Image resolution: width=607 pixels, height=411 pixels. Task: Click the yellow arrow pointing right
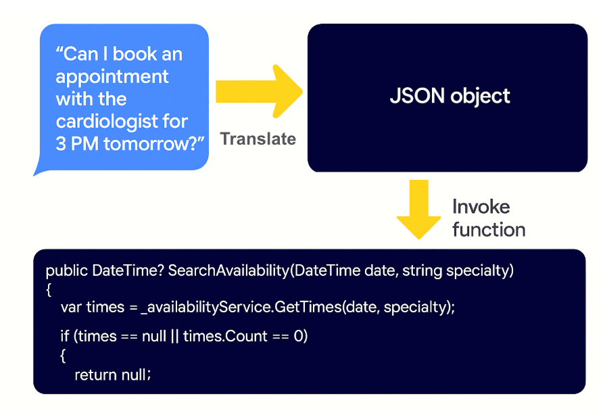(x=259, y=91)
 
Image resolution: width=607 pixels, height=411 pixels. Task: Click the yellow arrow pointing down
(x=418, y=209)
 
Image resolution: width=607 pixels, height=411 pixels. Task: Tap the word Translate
(x=258, y=139)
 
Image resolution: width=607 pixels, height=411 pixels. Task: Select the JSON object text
(x=450, y=96)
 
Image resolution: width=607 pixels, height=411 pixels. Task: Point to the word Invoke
(x=481, y=207)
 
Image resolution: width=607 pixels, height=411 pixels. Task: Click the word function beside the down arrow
(x=489, y=229)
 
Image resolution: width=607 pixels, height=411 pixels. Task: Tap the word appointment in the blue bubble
(x=112, y=77)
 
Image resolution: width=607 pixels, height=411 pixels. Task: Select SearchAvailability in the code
(x=228, y=270)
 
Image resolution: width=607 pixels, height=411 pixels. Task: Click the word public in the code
(x=67, y=270)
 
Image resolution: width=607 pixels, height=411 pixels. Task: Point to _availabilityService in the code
(x=206, y=308)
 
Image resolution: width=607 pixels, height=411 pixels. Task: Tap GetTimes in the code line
(x=308, y=307)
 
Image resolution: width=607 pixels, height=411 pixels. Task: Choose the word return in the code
(x=96, y=375)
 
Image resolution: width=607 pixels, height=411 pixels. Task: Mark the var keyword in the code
(x=70, y=308)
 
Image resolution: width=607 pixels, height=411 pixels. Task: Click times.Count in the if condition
(x=225, y=336)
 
